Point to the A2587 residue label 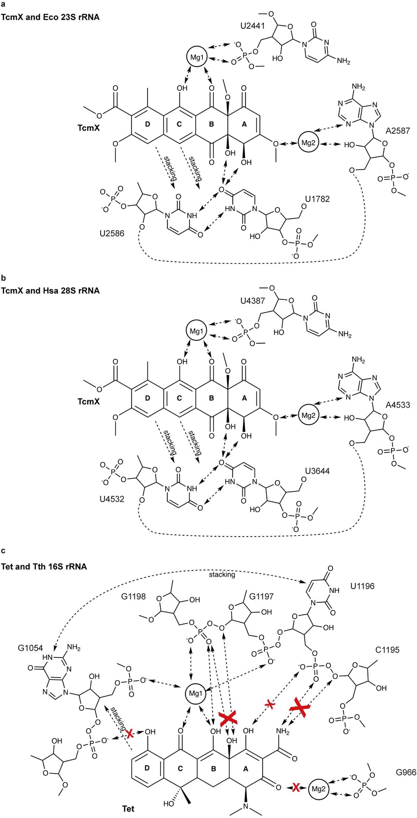click(398, 131)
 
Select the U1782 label click(317, 199)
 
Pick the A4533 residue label click(398, 404)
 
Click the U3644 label click(317, 471)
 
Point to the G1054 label click(30, 648)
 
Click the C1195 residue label click(387, 649)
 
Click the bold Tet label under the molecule click(128, 809)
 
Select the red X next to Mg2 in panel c click(295, 788)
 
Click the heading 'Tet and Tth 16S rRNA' click(44, 566)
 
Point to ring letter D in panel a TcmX click(147, 124)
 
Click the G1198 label click(133, 596)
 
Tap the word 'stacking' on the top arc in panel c click(222, 575)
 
